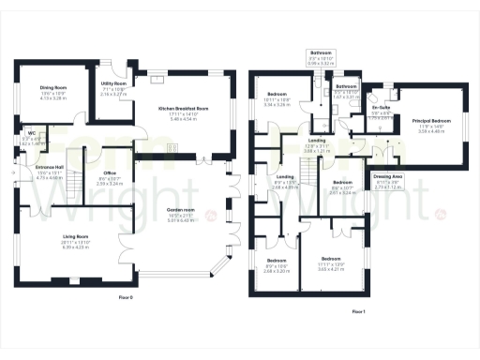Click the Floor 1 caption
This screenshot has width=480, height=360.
pyautogui.click(x=358, y=310)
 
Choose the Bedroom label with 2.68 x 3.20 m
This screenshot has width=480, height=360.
pyautogui.click(x=277, y=260)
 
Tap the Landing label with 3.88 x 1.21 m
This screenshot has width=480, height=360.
pyautogui.click(x=317, y=141)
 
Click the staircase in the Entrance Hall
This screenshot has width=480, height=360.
pyautogui.click(x=73, y=158)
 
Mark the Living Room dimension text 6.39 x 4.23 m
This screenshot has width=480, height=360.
pyautogui.click(x=61, y=247)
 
